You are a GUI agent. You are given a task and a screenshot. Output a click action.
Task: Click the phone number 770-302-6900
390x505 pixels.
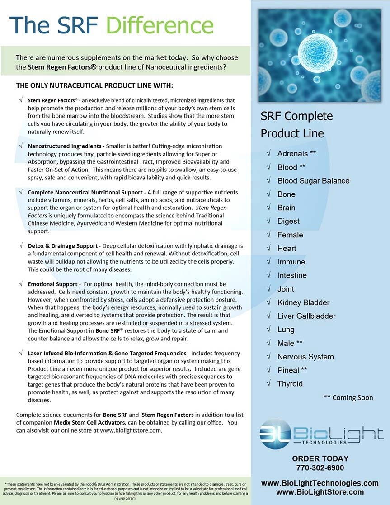[320, 467]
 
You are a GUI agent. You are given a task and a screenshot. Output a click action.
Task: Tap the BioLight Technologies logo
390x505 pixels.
[321, 434]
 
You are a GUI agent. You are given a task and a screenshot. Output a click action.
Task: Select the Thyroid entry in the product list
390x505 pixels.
[290, 384]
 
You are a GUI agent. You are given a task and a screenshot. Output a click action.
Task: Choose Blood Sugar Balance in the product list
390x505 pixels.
[313, 181]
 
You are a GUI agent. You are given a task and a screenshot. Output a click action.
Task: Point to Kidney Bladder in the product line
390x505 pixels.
[303, 302]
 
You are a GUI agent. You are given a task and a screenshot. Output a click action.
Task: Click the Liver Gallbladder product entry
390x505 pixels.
[306, 316]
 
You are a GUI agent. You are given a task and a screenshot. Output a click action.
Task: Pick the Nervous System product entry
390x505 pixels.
[305, 357]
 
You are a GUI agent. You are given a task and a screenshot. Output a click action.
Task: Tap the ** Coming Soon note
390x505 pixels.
[348, 398]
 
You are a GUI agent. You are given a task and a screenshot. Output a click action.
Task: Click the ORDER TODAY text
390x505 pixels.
[320, 458]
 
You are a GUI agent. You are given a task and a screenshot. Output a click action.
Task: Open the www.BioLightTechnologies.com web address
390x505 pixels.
[320, 483]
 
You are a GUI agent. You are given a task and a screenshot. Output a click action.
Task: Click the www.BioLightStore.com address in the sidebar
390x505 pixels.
[320, 492]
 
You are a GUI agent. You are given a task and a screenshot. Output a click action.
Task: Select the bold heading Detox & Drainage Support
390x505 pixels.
[61, 245]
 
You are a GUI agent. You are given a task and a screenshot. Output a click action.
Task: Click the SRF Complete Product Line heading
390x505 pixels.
[296, 124]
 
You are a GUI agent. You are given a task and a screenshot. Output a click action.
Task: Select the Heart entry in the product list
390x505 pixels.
[287, 248]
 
